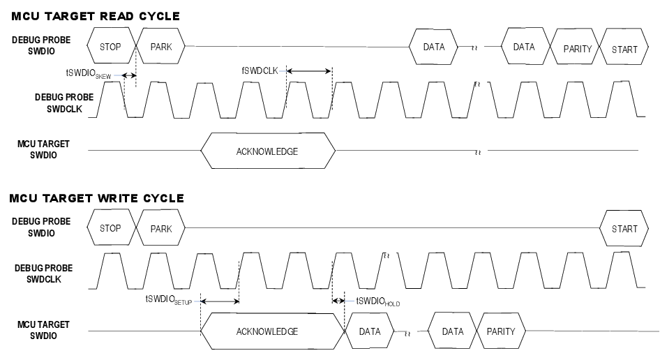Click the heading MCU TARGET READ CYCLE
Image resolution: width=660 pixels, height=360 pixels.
click(95, 16)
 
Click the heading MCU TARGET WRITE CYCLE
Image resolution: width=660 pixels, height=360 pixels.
click(97, 198)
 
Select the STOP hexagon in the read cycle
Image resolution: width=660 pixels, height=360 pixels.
click(110, 47)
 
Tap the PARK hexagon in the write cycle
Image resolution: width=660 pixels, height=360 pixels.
click(160, 228)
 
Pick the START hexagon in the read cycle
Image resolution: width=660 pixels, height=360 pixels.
click(624, 50)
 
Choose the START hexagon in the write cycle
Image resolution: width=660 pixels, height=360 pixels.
click(624, 228)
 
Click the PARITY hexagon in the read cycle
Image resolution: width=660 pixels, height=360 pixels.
click(577, 49)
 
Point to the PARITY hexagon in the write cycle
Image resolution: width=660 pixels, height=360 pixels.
click(500, 331)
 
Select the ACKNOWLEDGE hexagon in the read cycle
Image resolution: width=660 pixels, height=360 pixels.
click(267, 151)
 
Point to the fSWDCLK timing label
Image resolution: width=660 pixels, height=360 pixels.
click(261, 70)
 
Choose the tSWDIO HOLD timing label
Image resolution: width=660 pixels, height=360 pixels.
click(377, 301)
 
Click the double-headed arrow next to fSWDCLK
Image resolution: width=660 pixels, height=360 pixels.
click(309, 70)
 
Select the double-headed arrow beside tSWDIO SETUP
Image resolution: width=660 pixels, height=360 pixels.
click(219, 301)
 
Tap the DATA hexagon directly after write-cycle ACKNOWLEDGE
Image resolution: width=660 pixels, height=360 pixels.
click(370, 331)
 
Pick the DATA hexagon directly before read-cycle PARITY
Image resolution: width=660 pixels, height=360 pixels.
click(523, 47)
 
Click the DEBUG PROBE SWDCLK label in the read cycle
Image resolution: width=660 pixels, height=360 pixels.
click(63, 103)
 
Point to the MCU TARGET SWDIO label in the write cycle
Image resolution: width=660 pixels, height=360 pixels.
click(43, 331)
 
